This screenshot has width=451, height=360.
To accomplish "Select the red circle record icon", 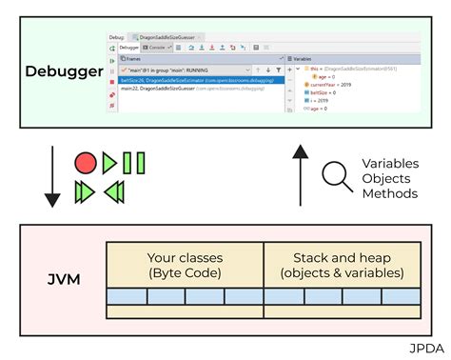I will pos(86,163).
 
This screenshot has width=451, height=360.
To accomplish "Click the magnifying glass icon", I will pos(336,177).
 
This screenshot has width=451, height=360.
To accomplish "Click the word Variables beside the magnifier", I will pos(390,163).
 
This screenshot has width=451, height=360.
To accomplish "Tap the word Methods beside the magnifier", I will pos(389,193).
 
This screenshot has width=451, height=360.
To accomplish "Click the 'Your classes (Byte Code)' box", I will pos(185,265).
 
